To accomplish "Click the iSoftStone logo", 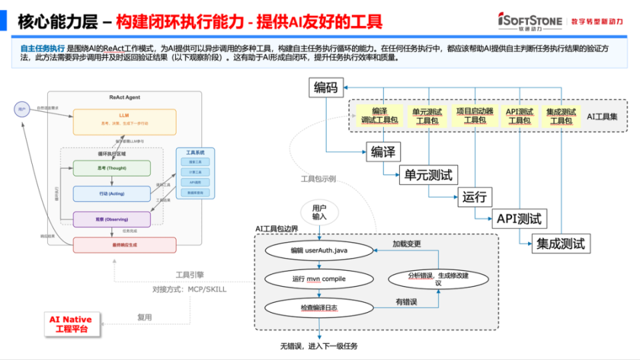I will (530, 21).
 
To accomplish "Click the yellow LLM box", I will (125, 121).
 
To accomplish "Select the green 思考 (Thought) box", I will (111, 168).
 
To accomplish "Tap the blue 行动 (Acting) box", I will (111, 193).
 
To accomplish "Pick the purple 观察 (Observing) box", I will (111, 219).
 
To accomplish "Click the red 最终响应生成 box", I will (125, 245).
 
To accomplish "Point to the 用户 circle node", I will (22, 109).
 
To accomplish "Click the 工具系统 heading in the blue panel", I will (195, 153).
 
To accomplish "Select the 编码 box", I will (326, 87).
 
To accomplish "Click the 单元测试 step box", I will (428, 175).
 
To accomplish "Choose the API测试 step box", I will (519, 218).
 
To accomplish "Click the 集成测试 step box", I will (561, 243).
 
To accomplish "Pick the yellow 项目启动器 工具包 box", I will (474, 115).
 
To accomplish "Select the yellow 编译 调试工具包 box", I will (379, 115).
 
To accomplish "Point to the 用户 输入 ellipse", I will (320, 212).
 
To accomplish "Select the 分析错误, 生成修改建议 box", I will (438, 279).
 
